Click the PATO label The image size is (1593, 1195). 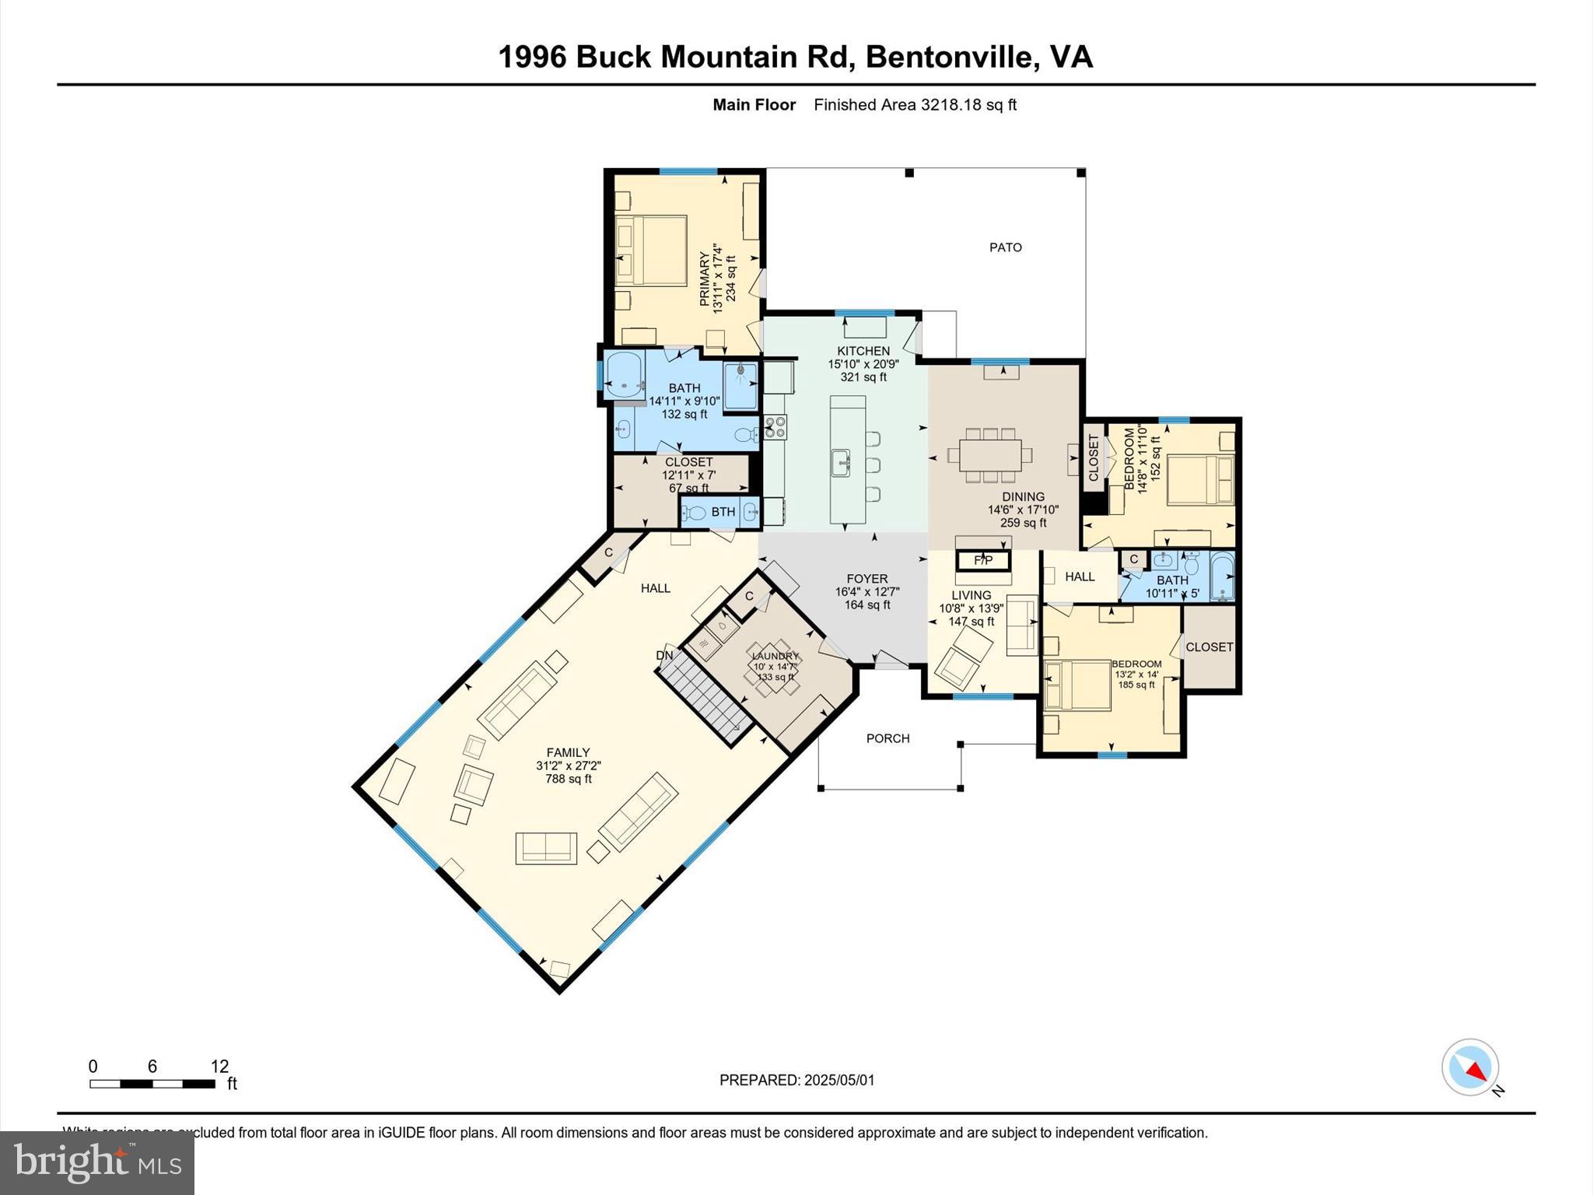1005,247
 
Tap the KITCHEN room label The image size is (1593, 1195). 863,351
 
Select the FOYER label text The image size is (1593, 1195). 867,579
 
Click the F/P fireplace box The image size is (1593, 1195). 983,560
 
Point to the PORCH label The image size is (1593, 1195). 888,738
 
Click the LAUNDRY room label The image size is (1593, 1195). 775,656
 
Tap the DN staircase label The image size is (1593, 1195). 664,655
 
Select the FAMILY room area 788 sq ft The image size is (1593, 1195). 568,779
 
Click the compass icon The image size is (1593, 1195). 1469,1067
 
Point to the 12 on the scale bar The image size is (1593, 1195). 219,1066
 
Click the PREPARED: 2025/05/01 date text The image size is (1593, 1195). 796,1080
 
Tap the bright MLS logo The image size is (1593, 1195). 96,1162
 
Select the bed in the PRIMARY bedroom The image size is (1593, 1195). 652,251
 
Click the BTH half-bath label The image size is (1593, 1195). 723,512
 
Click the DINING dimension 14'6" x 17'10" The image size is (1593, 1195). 1023,510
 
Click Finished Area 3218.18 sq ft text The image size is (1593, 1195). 915,105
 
